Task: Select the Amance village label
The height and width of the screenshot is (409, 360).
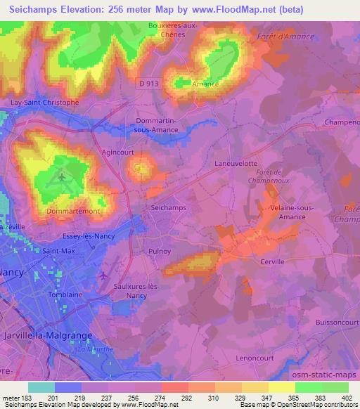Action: point(206,84)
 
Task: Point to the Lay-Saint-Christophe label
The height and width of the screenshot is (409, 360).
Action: point(44,101)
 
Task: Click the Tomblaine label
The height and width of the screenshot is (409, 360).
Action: point(66,295)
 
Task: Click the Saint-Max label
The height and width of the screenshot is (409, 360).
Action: point(59,250)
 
